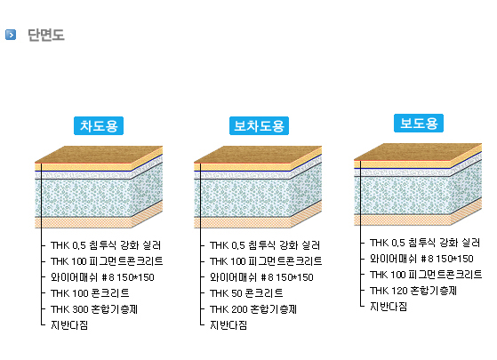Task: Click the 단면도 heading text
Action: click(46, 35)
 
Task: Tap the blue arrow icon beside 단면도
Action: click(11, 35)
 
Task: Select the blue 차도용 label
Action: click(99, 126)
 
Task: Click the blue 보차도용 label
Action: click(259, 126)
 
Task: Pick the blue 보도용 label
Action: click(419, 123)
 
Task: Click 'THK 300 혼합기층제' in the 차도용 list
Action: click(94, 309)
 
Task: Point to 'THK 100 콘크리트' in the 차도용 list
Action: click(90, 292)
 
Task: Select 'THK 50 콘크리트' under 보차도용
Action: click(246, 292)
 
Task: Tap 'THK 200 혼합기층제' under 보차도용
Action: click(253, 309)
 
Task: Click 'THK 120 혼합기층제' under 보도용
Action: click(413, 291)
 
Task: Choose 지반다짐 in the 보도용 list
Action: click(389, 306)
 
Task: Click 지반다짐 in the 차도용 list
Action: click(69, 324)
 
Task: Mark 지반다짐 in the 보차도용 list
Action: click(228, 324)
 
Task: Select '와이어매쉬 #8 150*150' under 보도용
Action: click(421, 259)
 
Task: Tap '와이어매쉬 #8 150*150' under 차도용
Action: click(102, 277)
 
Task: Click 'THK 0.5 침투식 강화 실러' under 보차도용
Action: click(265, 245)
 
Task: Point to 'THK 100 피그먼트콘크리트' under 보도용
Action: click(426, 275)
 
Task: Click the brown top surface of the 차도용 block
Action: click(99, 155)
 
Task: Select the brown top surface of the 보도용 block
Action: click(418, 152)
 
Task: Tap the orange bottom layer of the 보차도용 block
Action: click(243, 222)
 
